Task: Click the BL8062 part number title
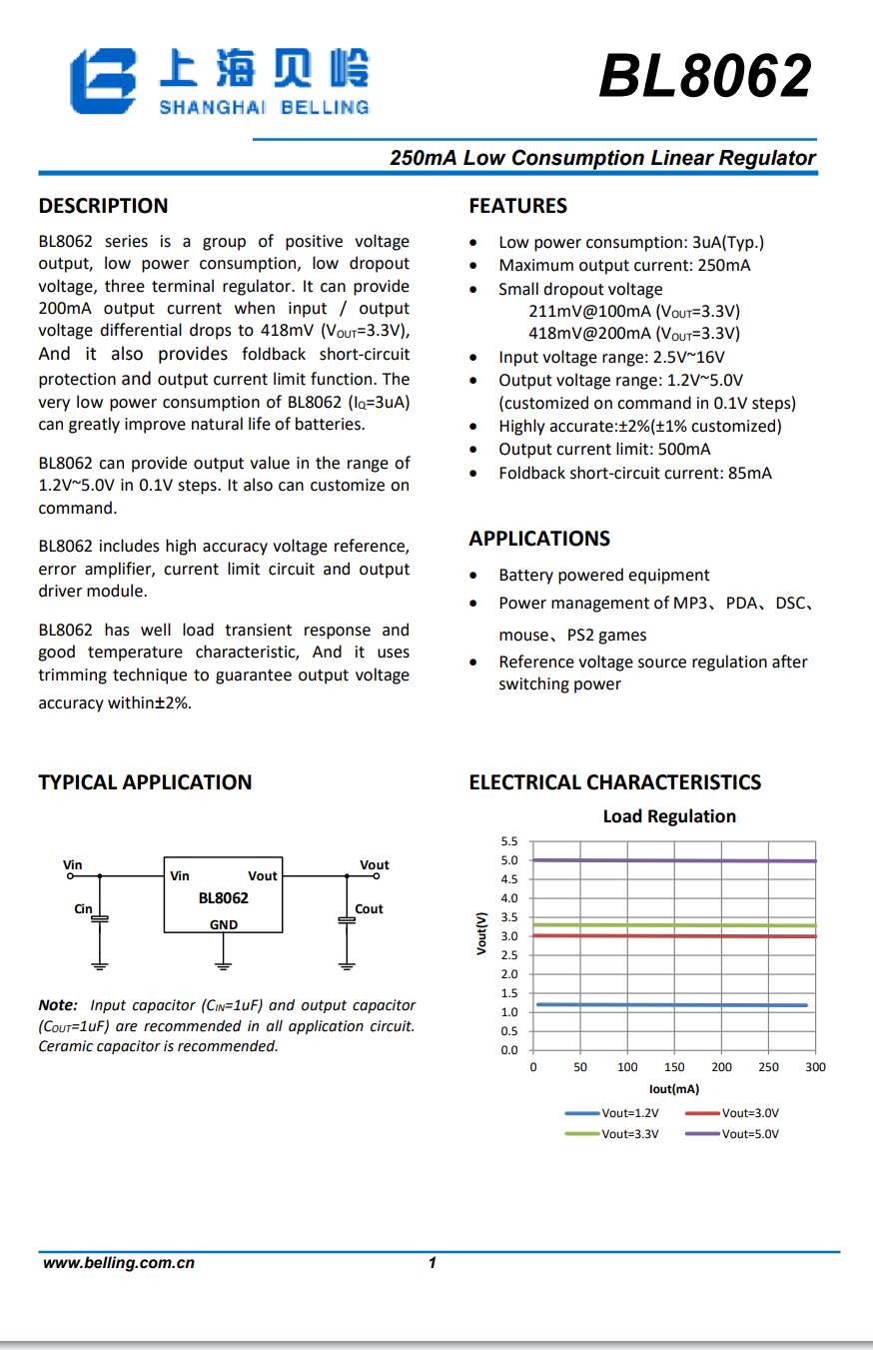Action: pyautogui.click(x=705, y=77)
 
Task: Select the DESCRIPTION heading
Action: pyautogui.click(x=103, y=206)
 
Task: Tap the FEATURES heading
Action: pyautogui.click(x=517, y=206)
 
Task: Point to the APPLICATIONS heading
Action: pyautogui.click(x=539, y=539)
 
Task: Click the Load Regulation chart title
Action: pyautogui.click(x=669, y=816)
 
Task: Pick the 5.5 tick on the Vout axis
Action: pyautogui.click(x=509, y=841)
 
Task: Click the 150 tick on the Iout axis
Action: pyautogui.click(x=674, y=1067)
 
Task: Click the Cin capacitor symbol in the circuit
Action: pyautogui.click(x=100, y=917)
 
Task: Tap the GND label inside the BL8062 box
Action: pyautogui.click(x=224, y=924)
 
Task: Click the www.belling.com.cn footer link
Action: pyautogui.click(x=118, y=1263)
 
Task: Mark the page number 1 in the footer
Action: pyautogui.click(x=433, y=1263)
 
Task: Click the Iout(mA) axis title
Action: pyautogui.click(x=674, y=1088)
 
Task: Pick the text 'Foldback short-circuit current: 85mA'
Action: pyautogui.click(x=635, y=473)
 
